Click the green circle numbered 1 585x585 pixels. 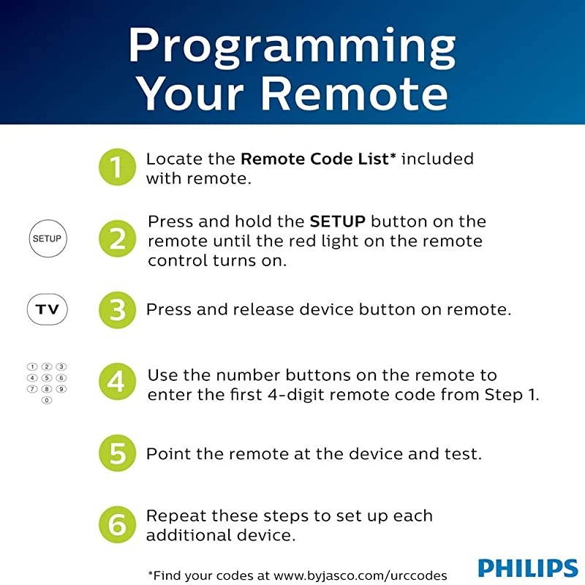click(x=117, y=167)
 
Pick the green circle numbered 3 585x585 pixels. click(x=117, y=310)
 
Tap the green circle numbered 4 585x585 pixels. click(x=117, y=382)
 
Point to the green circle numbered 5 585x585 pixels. click(x=117, y=453)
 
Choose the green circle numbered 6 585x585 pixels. click(x=117, y=524)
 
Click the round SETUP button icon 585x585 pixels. click(x=47, y=238)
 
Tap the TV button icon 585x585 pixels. click(x=47, y=310)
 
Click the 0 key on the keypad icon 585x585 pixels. click(x=47, y=401)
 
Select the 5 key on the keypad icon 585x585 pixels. click(x=47, y=378)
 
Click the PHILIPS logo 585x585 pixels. click(x=527, y=567)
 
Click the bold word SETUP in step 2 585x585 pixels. click(x=337, y=222)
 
